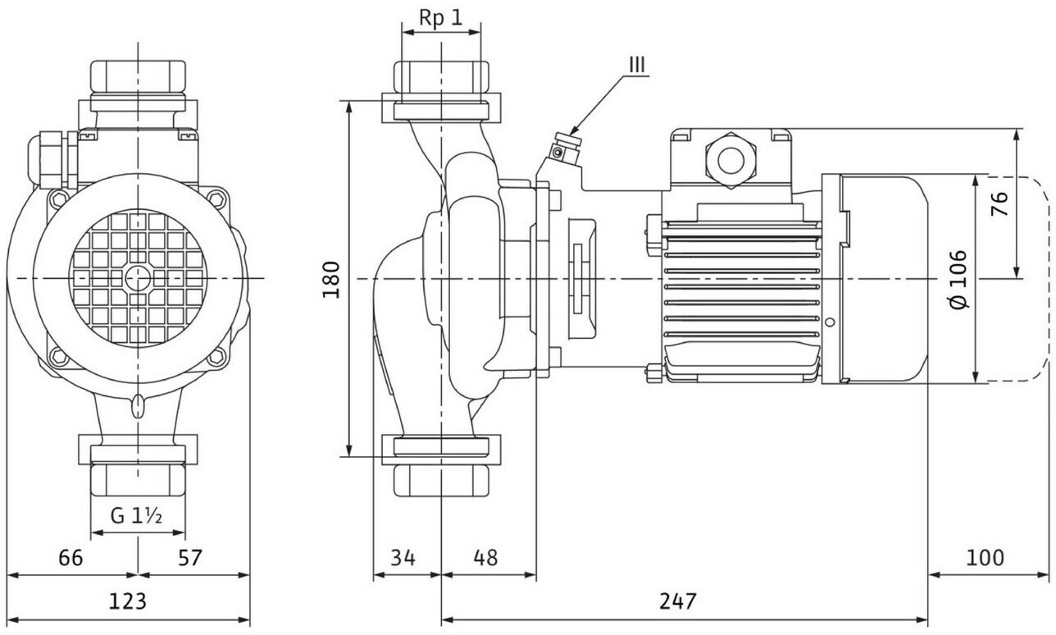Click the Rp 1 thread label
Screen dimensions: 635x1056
coord(440,17)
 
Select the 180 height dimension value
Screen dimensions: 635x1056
coord(332,279)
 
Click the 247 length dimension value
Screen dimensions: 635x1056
coord(677,601)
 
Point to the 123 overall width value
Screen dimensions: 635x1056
coord(128,601)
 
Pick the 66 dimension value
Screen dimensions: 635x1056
coord(71,558)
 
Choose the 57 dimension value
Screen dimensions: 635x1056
coord(189,558)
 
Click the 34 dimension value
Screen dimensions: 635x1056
coord(403,558)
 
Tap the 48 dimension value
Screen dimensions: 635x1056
coord(485,558)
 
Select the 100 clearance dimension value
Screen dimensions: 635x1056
coord(985,558)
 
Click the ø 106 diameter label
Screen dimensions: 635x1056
coord(958,279)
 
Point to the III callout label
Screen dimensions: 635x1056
coord(638,63)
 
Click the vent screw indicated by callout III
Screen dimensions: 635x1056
coord(558,152)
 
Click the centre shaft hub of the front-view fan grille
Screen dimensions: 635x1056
coord(138,278)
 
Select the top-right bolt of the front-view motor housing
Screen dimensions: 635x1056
coord(216,199)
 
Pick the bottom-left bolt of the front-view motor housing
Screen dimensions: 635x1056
coord(57,357)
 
